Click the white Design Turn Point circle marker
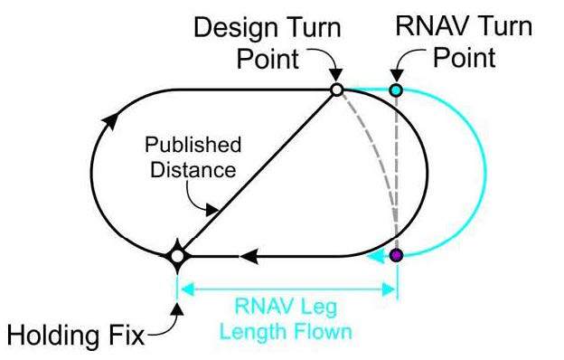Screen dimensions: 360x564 point(336,90)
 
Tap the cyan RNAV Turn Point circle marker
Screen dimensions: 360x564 point(396,90)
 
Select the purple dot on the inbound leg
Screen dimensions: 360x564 point(396,257)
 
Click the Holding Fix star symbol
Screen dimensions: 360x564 point(177,257)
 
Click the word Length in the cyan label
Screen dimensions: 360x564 point(269,331)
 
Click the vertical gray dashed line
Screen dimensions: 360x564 point(397,172)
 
